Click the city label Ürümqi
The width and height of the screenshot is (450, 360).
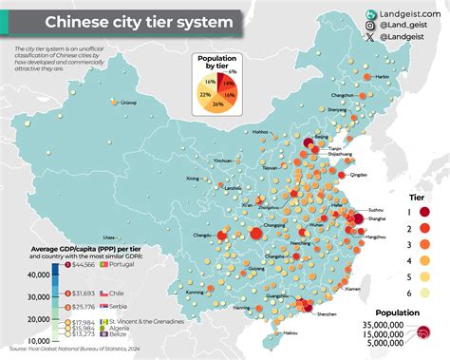pyautogui.click(x=115, y=128)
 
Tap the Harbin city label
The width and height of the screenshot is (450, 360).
pyautogui.click(x=382, y=76)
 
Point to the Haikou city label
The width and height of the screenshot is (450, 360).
pyautogui.click(x=291, y=333)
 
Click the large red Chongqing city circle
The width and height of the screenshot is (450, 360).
pyautogui.click(x=254, y=235)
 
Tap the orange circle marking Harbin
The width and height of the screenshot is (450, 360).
pyautogui.click(x=369, y=77)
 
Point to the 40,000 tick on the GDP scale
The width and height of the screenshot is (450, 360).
pyautogui.click(x=37, y=275)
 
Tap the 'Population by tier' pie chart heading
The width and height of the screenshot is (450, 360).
pyautogui.click(x=216, y=63)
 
